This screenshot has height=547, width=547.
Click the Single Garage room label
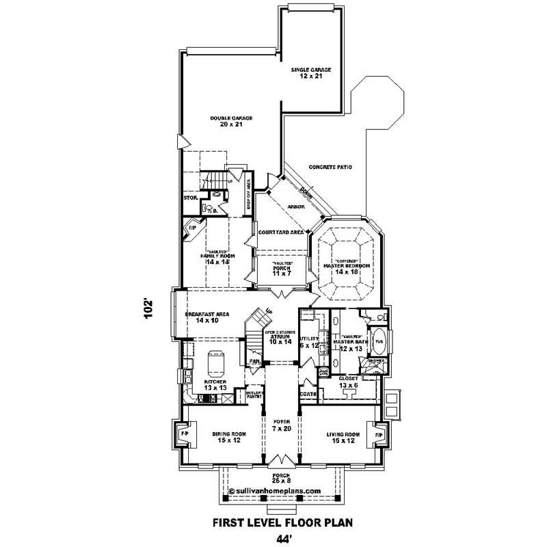click(311, 72)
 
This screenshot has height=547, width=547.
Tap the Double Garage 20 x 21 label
click(231, 122)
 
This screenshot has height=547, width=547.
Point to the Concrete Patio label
click(330, 167)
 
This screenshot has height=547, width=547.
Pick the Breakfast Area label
click(206, 317)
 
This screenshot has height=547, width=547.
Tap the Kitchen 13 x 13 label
click(215, 384)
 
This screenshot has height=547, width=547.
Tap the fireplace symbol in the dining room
click(183, 434)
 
